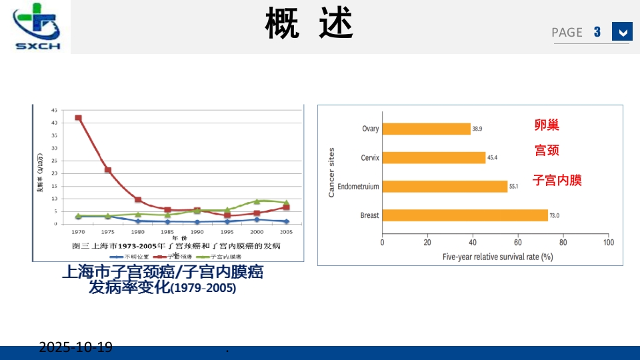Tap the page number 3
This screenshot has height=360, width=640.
click(597, 31)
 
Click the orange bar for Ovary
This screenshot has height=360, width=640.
click(426, 129)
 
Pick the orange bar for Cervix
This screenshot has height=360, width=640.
click(433, 157)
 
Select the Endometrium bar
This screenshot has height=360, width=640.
click(445, 187)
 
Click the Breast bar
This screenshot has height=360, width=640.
click(465, 215)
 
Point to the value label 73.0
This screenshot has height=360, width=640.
click(553, 215)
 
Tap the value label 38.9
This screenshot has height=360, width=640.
click(477, 129)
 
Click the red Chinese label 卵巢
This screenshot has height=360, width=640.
click(547, 125)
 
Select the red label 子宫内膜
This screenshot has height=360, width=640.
click(557, 180)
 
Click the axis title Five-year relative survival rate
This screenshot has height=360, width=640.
click(498, 256)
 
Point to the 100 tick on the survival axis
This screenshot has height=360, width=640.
click(607, 243)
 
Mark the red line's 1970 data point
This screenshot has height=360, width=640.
click(79, 118)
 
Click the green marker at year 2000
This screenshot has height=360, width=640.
click(257, 201)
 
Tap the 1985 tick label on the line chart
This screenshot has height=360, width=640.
click(167, 231)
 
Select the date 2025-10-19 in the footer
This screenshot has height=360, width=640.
click(75, 347)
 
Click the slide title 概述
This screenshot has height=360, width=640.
click(309, 23)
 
